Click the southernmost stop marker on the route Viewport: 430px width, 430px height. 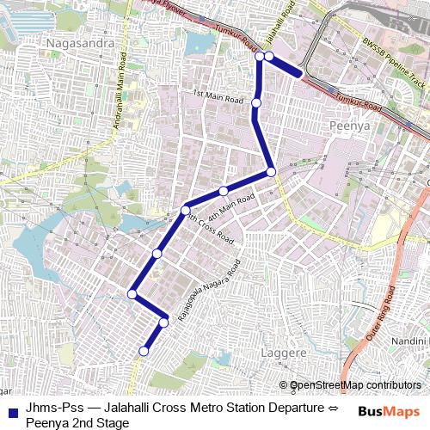(x=144, y=351)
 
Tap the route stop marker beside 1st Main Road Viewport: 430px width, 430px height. (x=256, y=103)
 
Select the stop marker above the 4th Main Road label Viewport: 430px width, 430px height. (x=223, y=191)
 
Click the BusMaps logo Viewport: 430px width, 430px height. (x=389, y=412)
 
